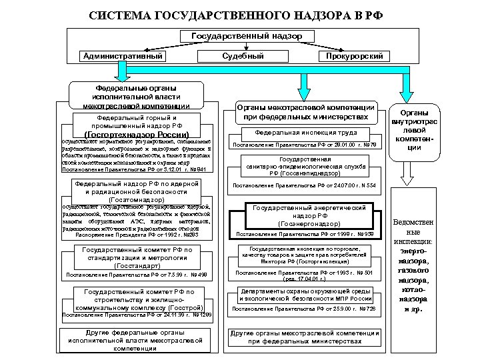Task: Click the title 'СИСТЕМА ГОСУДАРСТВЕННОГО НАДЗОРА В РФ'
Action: tap(239, 15)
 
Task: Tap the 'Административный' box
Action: tap(123, 56)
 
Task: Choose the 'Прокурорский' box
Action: tap(355, 57)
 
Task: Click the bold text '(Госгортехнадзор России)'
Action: tap(141, 134)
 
